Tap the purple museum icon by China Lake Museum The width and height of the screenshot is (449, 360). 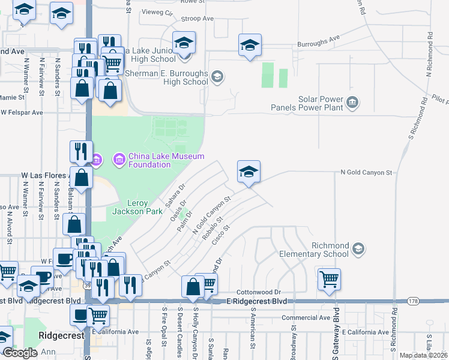tap(119, 160)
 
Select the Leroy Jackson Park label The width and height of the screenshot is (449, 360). tap(130, 207)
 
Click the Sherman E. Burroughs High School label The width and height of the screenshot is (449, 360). tap(167, 77)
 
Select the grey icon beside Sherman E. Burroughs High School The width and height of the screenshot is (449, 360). tap(217, 77)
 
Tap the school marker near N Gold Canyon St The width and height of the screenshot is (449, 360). tap(249, 172)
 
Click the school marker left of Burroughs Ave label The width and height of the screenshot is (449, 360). tap(250, 45)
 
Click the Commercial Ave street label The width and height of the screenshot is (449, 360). tap(306, 317)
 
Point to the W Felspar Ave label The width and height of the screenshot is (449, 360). tap(22, 112)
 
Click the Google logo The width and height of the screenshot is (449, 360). tap(20, 353)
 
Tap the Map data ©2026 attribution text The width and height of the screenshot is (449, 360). tap(423, 355)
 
